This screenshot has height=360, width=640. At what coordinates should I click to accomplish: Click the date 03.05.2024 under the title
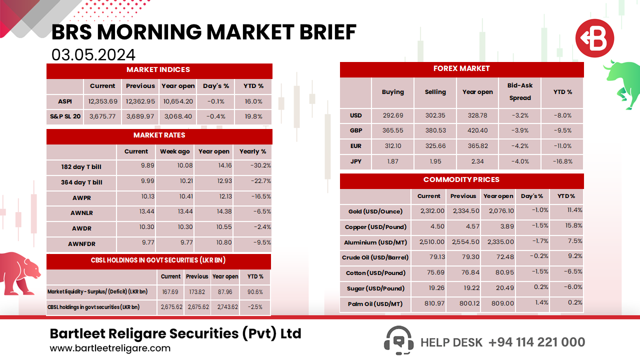coord(93,54)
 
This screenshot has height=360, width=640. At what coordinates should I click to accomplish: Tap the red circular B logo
coord(594,38)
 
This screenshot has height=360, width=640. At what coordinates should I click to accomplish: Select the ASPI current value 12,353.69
coord(103,101)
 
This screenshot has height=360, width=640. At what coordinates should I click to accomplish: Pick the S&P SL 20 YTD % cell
coord(253,116)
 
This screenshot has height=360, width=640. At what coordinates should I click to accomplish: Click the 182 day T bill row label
coord(81,167)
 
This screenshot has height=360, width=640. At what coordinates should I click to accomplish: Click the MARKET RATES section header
coord(159,135)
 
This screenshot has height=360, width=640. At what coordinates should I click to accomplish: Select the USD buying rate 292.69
coord(392,115)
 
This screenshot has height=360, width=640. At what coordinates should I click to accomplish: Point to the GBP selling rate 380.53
coord(435,131)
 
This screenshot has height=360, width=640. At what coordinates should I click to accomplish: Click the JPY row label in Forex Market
coord(355,161)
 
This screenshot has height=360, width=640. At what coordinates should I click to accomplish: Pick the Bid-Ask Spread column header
coord(520,92)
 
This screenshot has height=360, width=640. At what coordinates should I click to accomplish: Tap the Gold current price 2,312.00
coord(431,211)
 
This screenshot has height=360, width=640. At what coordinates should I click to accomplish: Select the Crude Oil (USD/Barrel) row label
coord(375,257)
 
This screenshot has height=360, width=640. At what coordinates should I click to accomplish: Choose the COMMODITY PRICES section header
coord(461,180)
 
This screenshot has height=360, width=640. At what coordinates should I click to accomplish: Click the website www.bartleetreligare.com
coord(110,348)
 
